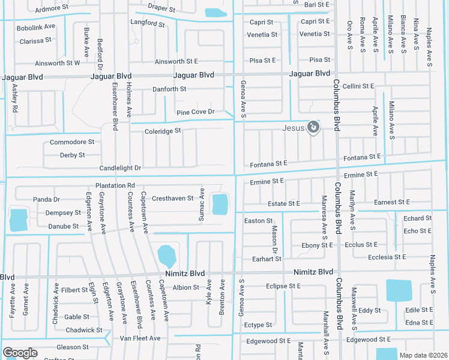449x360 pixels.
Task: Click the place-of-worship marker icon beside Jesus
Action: click(x=313, y=127)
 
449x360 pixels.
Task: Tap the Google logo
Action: click(x=20, y=353)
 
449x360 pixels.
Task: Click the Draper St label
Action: click(x=162, y=10)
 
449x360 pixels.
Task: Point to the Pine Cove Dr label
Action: click(x=196, y=113)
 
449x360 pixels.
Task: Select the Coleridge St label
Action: click(x=163, y=131)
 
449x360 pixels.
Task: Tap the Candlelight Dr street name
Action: click(x=120, y=168)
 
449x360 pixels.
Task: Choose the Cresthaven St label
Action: click(x=173, y=198)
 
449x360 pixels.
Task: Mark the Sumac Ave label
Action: click(x=202, y=204)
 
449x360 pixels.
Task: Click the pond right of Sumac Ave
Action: click(x=220, y=205)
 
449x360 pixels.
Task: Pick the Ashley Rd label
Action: click(x=14, y=98)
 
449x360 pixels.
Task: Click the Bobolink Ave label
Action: click(x=36, y=28)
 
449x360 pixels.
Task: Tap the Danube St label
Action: click(x=63, y=226)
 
